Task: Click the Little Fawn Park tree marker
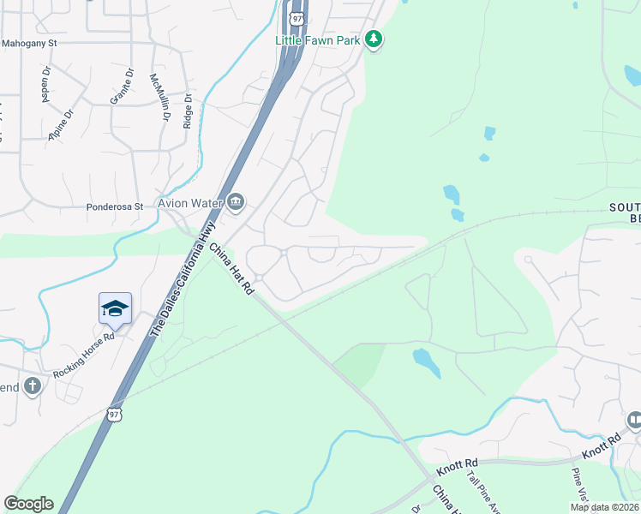[373, 39]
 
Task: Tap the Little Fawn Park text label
[318, 40]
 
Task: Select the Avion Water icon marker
[236, 203]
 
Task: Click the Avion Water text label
[189, 203]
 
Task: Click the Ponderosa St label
[114, 207]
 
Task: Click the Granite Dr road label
[121, 91]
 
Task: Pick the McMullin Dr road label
[160, 97]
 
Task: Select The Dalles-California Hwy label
[181, 278]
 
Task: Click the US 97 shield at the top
[296, 16]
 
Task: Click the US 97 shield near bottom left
[114, 414]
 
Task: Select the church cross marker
[33, 386]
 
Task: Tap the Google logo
[28, 504]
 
